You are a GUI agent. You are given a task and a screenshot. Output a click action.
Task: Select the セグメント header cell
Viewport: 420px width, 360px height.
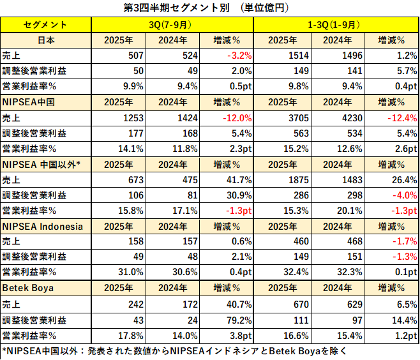46,25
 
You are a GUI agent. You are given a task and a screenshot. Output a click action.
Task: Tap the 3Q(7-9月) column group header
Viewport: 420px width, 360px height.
172,25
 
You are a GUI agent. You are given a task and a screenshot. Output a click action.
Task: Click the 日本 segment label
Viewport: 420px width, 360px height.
46,40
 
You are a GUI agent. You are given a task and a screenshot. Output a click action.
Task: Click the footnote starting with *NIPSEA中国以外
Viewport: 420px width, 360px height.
172,350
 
